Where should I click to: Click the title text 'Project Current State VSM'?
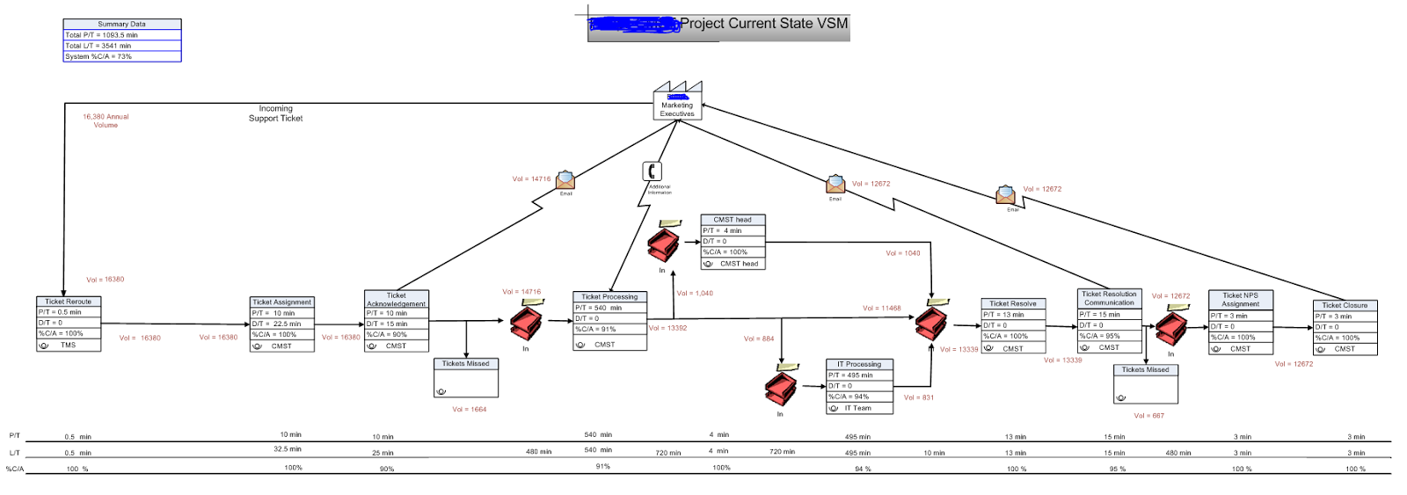(x=763, y=24)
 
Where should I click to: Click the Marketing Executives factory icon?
(x=677, y=100)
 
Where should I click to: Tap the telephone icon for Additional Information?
(x=652, y=171)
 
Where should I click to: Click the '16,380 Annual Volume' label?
(x=106, y=120)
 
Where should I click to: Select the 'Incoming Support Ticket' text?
(x=275, y=113)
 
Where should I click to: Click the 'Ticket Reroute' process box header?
(x=69, y=302)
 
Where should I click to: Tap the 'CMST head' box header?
(x=733, y=220)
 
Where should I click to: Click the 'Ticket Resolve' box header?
(x=1013, y=303)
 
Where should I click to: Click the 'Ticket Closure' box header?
(x=1345, y=305)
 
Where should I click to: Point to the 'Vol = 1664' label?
(x=469, y=409)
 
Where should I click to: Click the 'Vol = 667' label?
(x=1148, y=416)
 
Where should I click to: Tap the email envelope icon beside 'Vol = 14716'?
(x=565, y=180)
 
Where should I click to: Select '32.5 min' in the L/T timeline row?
(x=288, y=448)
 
